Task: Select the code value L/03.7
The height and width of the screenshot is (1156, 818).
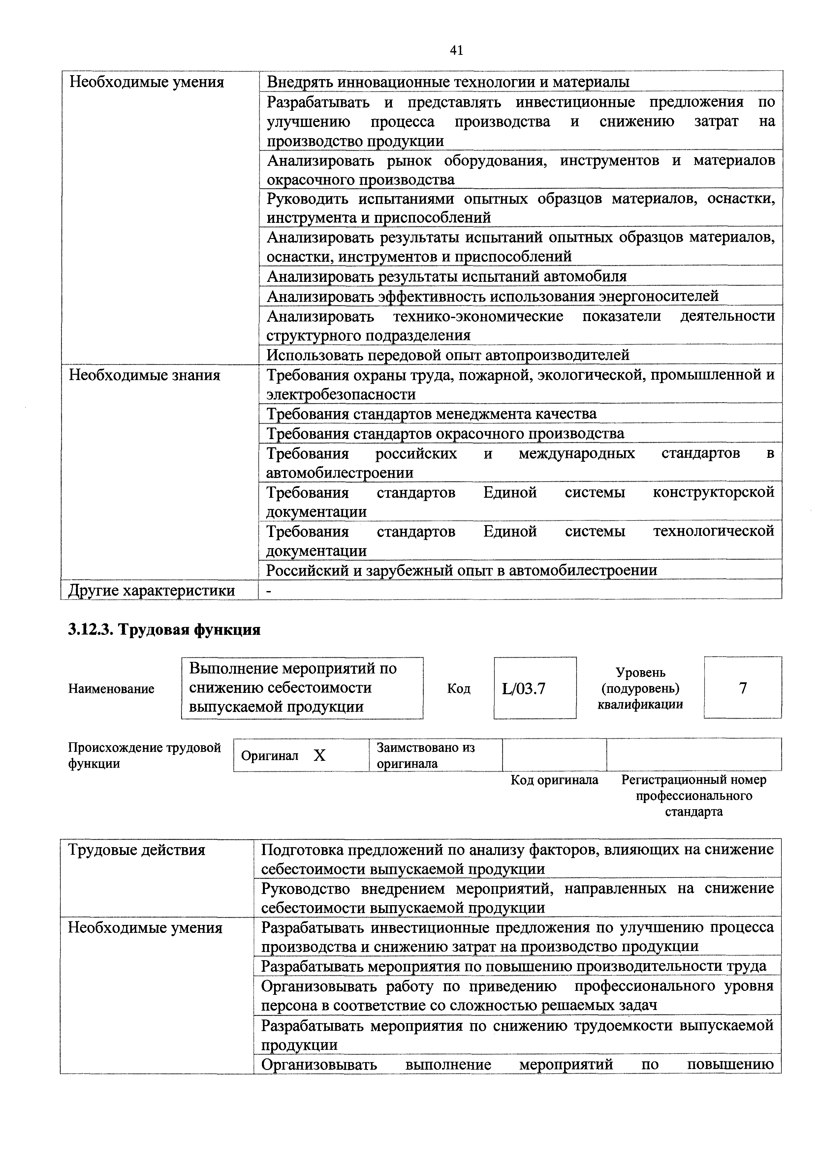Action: (524, 688)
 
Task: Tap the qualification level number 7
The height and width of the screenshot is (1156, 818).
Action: (743, 688)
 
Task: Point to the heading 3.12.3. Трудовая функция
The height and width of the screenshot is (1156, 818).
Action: (164, 630)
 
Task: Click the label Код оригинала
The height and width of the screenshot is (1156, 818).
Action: (554, 780)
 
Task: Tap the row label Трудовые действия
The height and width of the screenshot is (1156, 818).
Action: (137, 850)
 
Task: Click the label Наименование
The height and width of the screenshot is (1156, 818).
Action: (111, 689)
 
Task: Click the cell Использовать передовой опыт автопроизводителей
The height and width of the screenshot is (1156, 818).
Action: (448, 355)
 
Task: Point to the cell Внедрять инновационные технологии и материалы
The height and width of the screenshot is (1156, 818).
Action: (448, 81)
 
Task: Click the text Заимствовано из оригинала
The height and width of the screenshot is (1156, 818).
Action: (425, 755)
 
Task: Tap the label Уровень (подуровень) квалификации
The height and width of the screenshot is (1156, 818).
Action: (640, 688)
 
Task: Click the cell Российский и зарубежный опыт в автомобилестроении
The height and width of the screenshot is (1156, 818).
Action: (461, 571)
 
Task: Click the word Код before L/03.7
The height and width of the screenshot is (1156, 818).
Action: (458, 689)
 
